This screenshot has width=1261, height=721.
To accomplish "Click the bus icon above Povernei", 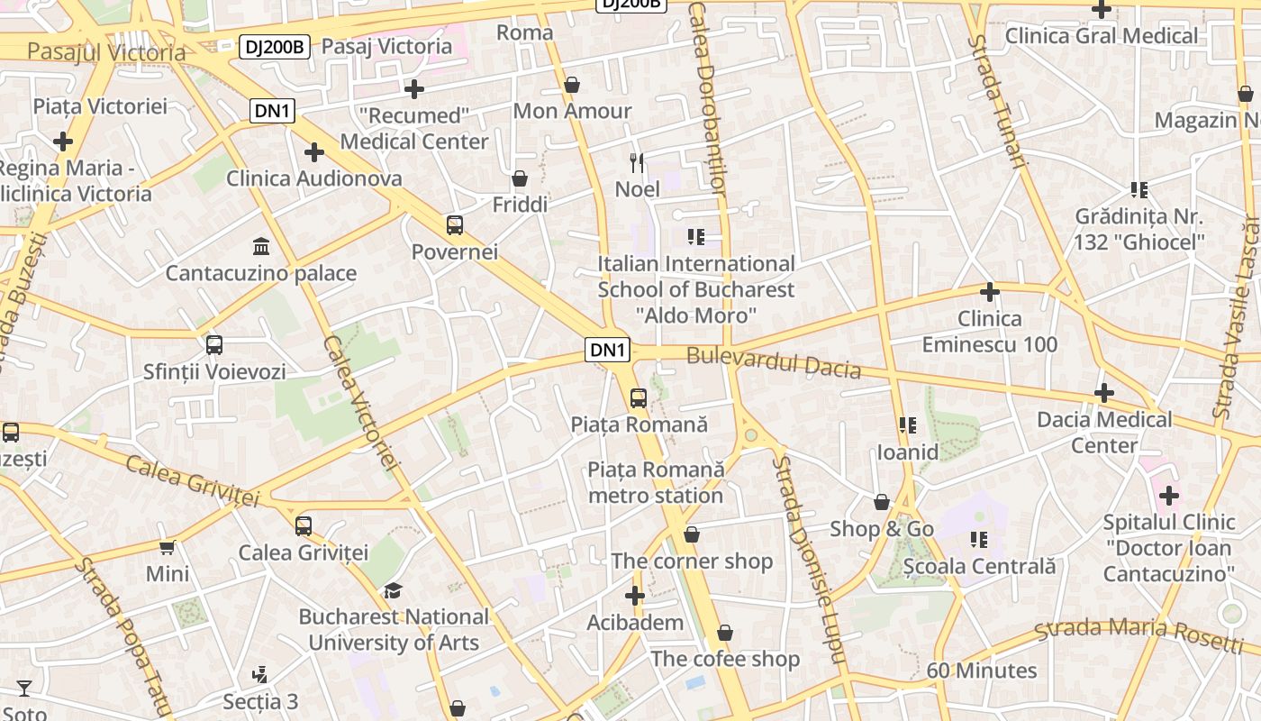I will coord(455,225).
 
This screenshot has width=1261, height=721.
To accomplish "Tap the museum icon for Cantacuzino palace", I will coord(261,246).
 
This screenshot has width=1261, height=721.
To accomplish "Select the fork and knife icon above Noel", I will coord(637,163).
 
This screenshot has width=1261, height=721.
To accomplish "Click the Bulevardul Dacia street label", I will coord(774,362).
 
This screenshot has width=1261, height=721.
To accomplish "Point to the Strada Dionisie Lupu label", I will coord(808,559).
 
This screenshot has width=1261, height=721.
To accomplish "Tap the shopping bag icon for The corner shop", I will coord(692,534).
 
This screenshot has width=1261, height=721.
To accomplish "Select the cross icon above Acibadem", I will coord(635,596).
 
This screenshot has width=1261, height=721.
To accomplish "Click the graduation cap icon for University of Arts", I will coord(393,590).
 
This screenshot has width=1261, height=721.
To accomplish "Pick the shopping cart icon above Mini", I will coord(168,547).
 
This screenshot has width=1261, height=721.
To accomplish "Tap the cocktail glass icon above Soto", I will coord(24,689).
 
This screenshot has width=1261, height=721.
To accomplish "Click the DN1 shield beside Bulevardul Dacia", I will coord(608,351).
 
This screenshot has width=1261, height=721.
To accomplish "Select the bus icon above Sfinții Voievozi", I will coord(214,344).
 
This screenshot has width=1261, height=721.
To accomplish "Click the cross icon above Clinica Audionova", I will coord(313,152).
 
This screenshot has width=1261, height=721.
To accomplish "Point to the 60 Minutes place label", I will coord(982,671).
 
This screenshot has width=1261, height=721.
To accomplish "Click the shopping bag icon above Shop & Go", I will coord(882,502).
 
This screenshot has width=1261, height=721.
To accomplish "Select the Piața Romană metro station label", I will coord(656,482).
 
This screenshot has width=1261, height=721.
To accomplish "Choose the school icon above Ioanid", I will coord(907,425).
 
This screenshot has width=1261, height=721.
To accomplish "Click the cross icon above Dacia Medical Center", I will coord(1104,393).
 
